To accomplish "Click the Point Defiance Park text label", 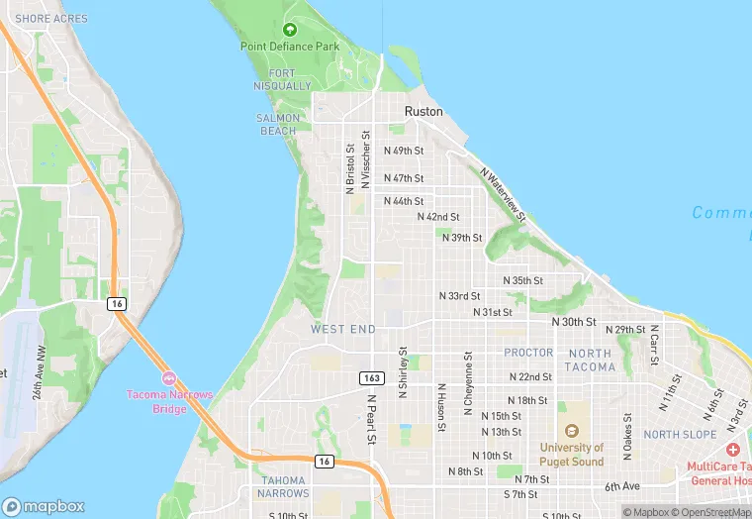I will coord(289,47).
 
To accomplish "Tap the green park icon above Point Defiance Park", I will coord(289,30).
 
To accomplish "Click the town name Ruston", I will coord(423,112).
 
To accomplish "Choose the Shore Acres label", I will coord(51,19).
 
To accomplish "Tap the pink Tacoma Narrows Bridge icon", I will coord(168,378).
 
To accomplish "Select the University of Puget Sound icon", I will coord(571,431).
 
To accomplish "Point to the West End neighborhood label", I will coord(342,329).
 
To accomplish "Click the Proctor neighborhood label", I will coord(528,353).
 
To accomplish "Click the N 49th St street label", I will coord(404,152).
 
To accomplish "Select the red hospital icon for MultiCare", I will coord(732,451).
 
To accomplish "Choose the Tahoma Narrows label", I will coord(282,485).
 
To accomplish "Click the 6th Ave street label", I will coord(622,486).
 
